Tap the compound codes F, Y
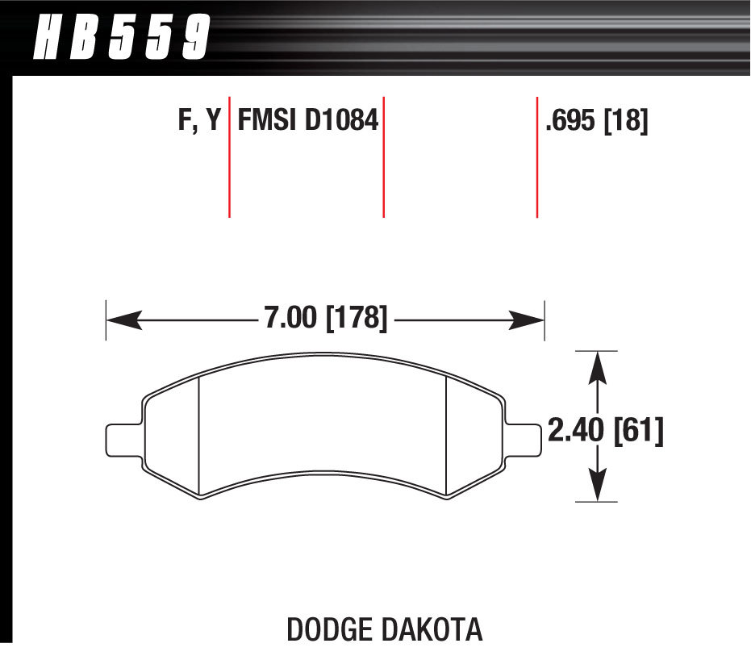[x=198, y=121]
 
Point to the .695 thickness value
[x=571, y=121]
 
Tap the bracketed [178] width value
[x=356, y=318]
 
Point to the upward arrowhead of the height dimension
[x=596, y=368]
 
